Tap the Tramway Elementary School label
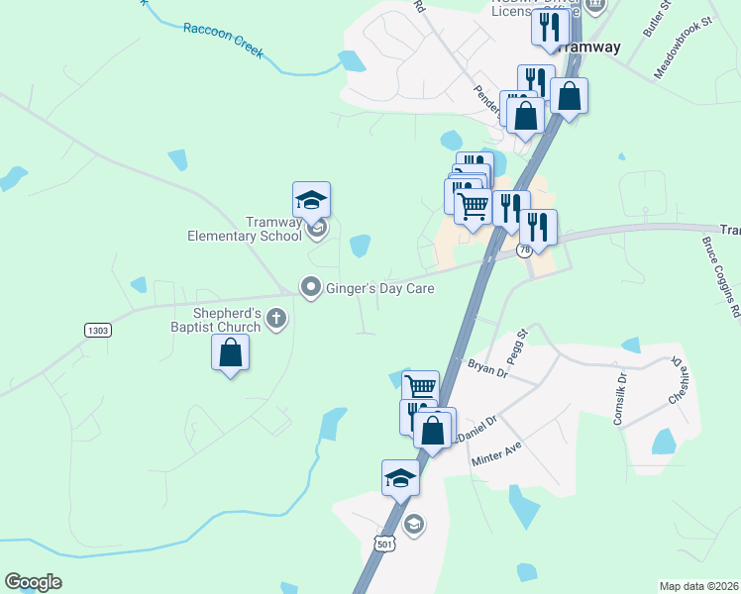point(246,229)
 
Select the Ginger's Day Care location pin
point(311,288)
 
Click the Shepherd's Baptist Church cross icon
point(276,319)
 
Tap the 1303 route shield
point(97,330)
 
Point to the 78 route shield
point(524,250)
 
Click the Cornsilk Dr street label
point(619,398)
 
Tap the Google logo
point(33,582)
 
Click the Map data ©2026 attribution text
point(698,586)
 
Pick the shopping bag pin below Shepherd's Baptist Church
point(231,354)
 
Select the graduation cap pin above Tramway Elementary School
point(312,201)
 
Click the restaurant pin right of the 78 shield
point(538,227)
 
